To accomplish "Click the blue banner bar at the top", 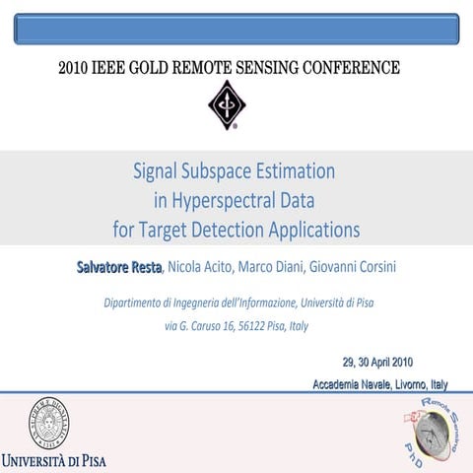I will tap(236, 29).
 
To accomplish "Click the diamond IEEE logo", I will tap(227, 104).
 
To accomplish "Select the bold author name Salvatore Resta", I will tap(119, 267).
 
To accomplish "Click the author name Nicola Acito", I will tap(201, 267).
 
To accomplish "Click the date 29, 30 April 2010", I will tap(377, 361).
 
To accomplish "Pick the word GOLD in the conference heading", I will tap(163, 69).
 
